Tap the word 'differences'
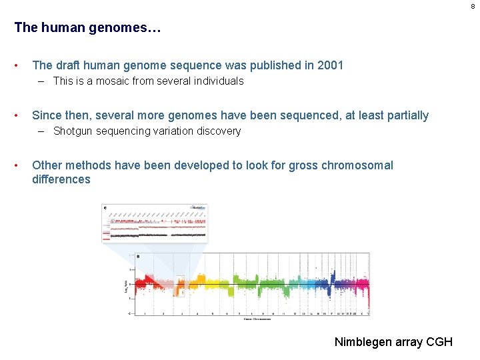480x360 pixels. [61, 179]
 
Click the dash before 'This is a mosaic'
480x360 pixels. [42, 81]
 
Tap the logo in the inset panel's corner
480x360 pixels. [198, 207]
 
